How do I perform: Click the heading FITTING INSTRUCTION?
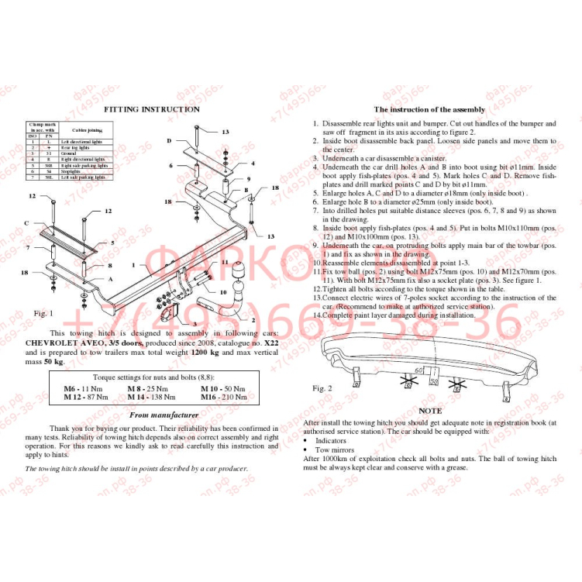point(152,109)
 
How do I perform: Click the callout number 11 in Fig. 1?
point(225,263)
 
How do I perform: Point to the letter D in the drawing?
point(169,141)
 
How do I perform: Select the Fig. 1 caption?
point(43,313)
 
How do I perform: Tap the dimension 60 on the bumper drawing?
point(419,370)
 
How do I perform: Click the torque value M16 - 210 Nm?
point(225,396)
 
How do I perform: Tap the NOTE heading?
point(429,411)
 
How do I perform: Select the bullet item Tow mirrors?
point(336,449)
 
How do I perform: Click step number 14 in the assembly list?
point(317,315)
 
